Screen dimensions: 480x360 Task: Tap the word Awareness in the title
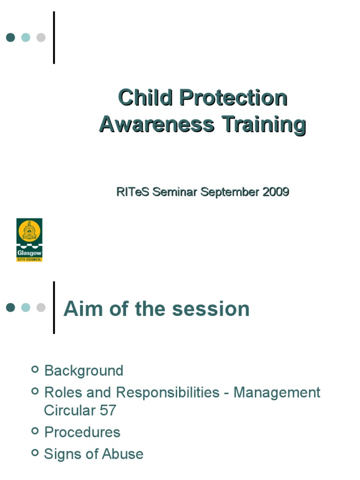(157, 125)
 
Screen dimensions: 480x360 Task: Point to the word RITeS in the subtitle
(133, 192)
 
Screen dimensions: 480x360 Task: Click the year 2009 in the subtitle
(276, 192)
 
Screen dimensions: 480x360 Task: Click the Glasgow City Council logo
(30, 240)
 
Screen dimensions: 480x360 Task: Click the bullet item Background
(83, 371)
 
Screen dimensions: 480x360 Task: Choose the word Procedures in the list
(82, 432)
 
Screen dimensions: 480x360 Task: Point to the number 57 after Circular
(108, 411)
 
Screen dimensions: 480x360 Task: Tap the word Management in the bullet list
(277, 392)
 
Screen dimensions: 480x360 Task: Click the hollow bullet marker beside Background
(35, 369)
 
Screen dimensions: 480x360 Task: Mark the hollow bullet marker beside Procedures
(35, 431)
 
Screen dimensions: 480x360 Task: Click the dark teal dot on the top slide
(11, 37)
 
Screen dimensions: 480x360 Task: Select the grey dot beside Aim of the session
(41, 307)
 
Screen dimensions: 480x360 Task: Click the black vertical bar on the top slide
(54, 37)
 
